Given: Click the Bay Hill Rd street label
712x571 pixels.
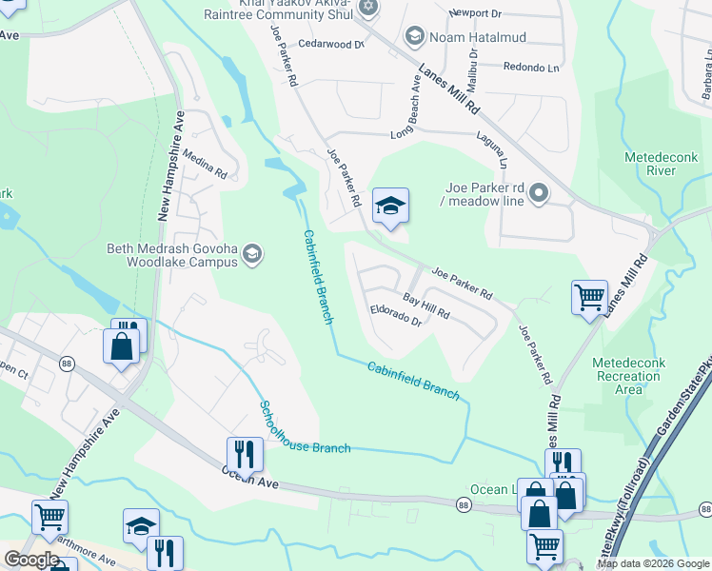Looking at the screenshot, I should click(x=425, y=305).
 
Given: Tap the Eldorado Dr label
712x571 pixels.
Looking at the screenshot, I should click(x=396, y=316).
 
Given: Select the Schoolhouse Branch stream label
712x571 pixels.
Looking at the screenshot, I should click(x=305, y=428).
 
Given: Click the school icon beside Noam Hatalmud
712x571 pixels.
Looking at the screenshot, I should click(x=415, y=37).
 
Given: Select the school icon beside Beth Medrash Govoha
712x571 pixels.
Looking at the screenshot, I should click(x=252, y=252).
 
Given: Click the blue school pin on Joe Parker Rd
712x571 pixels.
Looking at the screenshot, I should click(x=390, y=206).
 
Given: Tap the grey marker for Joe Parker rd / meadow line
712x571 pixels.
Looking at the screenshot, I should click(x=539, y=194).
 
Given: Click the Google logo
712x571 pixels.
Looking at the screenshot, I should click(x=31, y=560).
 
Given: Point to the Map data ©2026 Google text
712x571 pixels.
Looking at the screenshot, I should click(x=652, y=563).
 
